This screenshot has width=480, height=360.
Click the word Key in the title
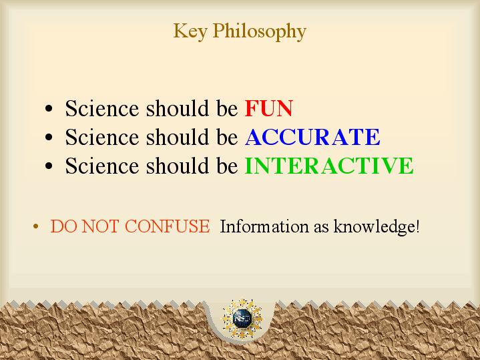tap(190, 31)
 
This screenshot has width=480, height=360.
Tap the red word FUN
tap(269, 108)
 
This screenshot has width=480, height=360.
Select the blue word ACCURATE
tap(312, 137)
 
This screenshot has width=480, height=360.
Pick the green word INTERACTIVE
tap(329, 166)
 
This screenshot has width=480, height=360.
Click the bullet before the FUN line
tap(49, 109)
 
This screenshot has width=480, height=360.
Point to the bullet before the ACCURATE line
tap(49, 138)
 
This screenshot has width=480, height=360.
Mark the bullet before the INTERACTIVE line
tap(49, 166)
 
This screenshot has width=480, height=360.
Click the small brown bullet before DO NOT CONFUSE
tap(36, 226)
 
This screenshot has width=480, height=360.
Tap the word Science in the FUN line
tap(102, 108)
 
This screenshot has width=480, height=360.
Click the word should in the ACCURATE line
tap(177, 137)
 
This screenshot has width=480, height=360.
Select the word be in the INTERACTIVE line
tap(227, 166)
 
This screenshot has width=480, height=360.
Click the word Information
tap(264, 226)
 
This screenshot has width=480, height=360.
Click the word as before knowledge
tap(321, 228)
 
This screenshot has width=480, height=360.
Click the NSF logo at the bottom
tap(242, 319)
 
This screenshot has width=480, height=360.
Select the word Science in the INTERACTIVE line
tap(102, 166)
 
